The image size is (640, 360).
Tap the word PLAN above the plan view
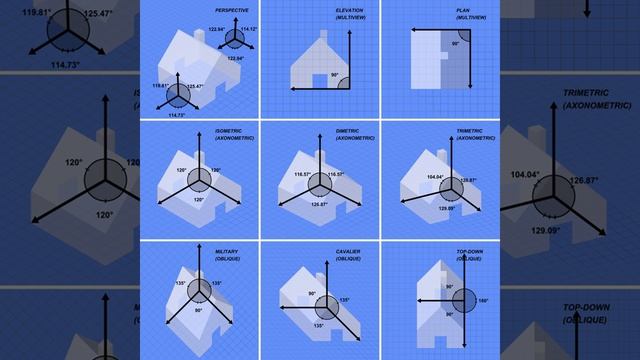click(464, 10)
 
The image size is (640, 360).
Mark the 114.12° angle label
click(248, 29)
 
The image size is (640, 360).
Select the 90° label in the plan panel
click(455, 44)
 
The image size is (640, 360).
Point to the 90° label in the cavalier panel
click(311, 294)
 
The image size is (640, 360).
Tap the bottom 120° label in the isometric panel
click(198, 200)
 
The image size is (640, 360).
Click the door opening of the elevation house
click(320, 80)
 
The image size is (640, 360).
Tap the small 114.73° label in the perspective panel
click(177, 115)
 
